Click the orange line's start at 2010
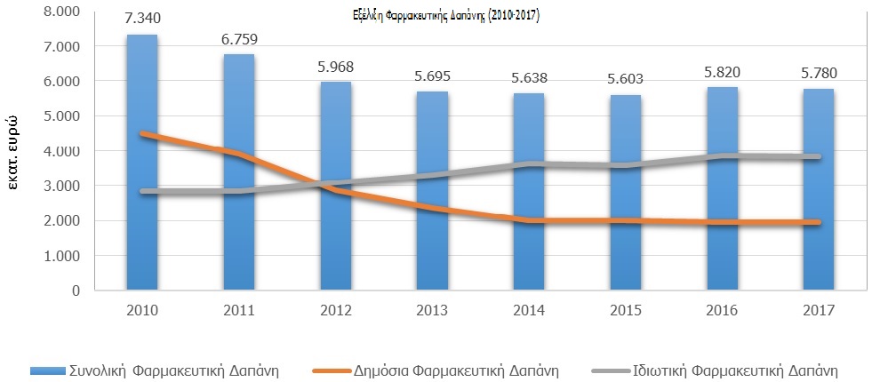[x=142, y=134]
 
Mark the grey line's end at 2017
[x=816, y=157]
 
